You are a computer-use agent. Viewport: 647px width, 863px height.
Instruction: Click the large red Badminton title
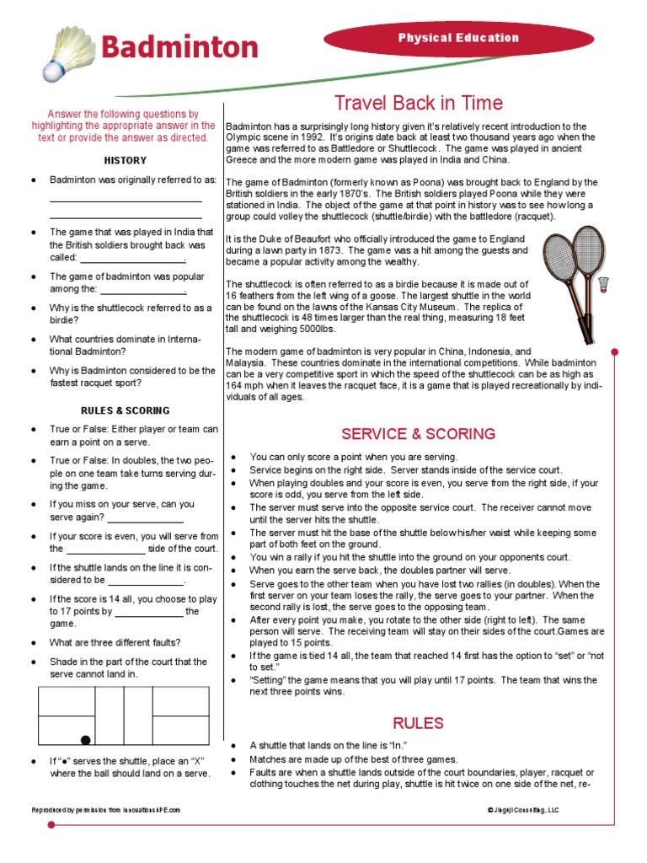pyautogui.click(x=179, y=46)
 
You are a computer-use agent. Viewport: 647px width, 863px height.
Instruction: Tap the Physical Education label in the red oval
pyautogui.click(x=458, y=38)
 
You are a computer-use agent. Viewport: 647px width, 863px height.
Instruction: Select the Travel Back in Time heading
pyautogui.click(x=419, y=103)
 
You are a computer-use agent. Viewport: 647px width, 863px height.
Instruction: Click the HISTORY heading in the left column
pyautogui.click(x=125, y=160)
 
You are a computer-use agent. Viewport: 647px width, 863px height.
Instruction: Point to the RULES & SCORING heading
pyautogui.click(x=125, y=410)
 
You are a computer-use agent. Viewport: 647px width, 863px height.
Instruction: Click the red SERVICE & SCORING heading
pyautogui.click(x=418, y=434)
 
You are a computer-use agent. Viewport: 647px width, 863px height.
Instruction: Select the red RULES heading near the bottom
pyautogui.click(x=418, y=723)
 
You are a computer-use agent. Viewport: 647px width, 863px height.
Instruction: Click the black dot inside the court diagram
pyautogui.click(x=85, y=740)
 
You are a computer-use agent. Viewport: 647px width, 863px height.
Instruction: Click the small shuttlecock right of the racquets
pyautogui.click(x=603, y=285)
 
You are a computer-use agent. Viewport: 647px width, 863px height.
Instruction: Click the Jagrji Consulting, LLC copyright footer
pyautogui.click(x=522, y=810)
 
